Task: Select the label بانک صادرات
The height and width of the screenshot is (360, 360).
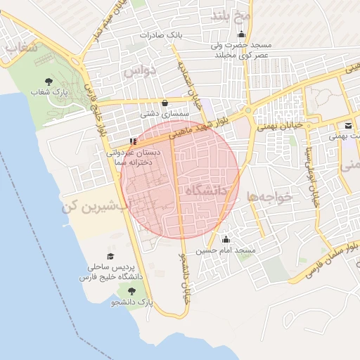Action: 160,34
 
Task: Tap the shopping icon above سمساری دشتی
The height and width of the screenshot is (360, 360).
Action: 165,102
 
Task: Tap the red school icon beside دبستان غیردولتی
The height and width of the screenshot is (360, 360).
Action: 134,141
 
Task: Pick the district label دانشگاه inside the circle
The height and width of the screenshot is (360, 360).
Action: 208,190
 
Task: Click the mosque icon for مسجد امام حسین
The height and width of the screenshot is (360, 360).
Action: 225,239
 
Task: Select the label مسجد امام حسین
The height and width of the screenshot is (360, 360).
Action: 226,250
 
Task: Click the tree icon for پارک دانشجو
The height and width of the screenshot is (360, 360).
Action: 131,290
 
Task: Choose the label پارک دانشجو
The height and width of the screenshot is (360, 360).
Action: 131,302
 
